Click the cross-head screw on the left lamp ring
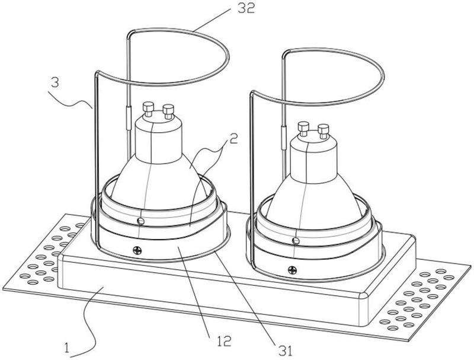click(139, 251)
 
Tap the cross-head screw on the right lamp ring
click(292, 269)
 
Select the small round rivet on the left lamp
click(140, 221)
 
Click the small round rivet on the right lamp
click(295, 240)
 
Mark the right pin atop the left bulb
click(168, 110)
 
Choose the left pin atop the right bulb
click(303, 126)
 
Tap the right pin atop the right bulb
click(323, 129)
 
